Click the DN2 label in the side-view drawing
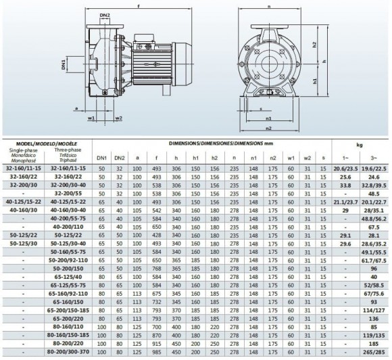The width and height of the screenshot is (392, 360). tap(104, 14)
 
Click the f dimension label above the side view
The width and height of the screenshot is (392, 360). tap(139, 6)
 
